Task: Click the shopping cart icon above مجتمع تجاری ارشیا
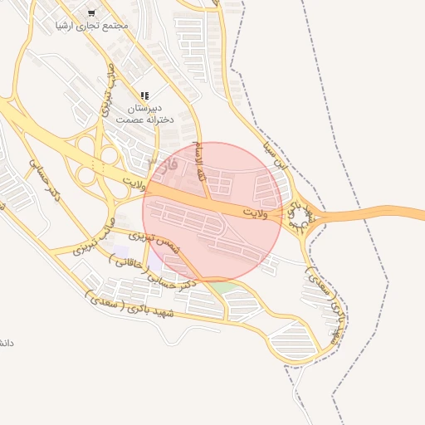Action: click(x=91, y=13)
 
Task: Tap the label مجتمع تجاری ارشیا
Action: click(x=92, y=26)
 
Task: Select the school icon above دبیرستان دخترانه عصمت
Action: click(x=144, y=96)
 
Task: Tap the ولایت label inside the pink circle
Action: click(x=260, y=213)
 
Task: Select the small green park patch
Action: click(x=224, y=288)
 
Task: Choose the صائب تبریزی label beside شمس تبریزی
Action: click(x=94, y=235)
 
